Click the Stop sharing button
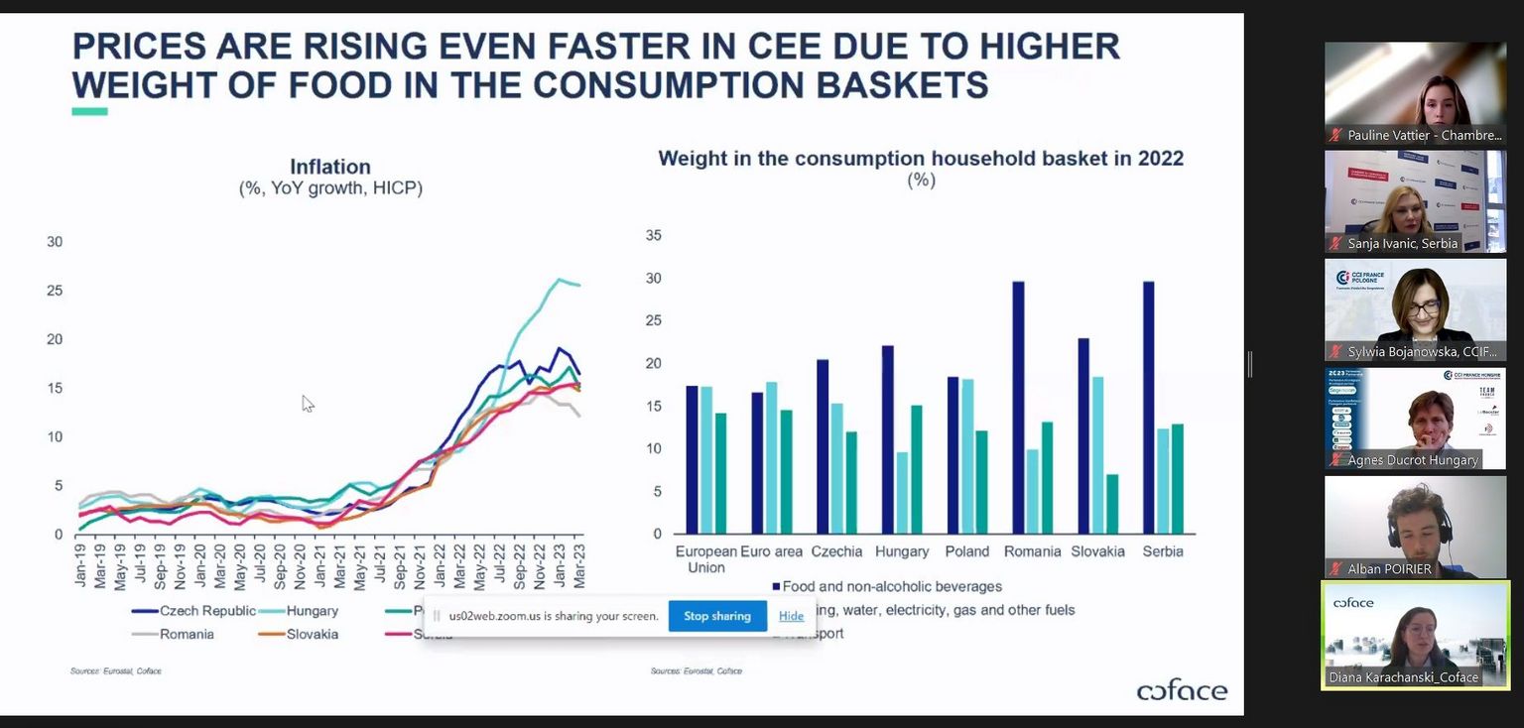(x=717, y=616)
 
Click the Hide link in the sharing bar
(x=791, y=616)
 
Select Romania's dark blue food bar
(x=1018, y=407)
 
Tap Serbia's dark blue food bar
(x=1149, y=407)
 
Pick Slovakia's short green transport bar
(x=1112, y=503)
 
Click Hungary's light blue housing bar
(x=902, y=492)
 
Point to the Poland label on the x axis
(x=966, y=551)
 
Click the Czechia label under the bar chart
(x=835, y=551)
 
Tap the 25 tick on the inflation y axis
(x=55, y=291)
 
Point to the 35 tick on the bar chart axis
(x=653, y=236)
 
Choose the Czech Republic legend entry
(x=206, y=611)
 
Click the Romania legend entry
(x=187, y=634)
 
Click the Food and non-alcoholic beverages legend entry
(x=892, y=587)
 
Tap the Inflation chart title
(x=330, y=168)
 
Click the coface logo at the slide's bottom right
(x=1182, y=690)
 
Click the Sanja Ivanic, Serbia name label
(x=1402, y=243)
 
